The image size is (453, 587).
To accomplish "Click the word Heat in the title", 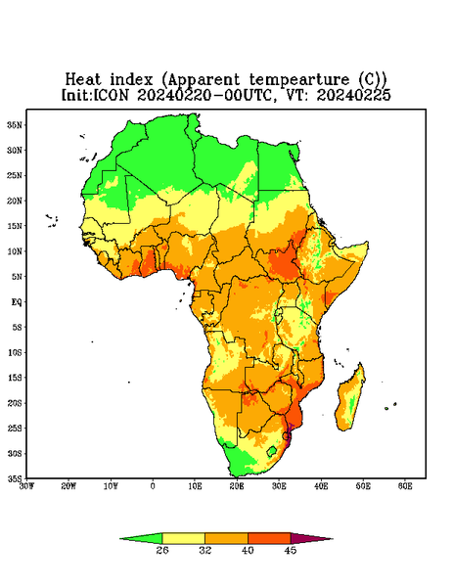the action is click(x=83, y=79).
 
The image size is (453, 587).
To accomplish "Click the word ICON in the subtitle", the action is click(x=112, y=95).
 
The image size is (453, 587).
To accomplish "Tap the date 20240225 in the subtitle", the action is click(x=353, y=95).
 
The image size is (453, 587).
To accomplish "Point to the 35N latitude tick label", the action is click(x=15, y=124).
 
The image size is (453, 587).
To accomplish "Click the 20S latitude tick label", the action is click(x=15, y=403).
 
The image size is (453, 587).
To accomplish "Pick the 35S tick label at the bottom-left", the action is click(x=15, y=478).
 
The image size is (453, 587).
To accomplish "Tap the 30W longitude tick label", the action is click(x=27, y=486).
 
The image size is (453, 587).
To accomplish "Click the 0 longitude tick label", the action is click(x=153, y=486).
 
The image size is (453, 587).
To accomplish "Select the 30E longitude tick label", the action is click(x=279, y=486).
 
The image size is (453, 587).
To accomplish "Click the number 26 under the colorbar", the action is click(x=162, y=550).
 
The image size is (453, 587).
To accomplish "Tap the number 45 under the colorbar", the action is click(x=291, y=550).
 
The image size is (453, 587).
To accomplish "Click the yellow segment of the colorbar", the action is click(x=183, y=538).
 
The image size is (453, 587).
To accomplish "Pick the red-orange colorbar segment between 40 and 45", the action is click(x=269, y=538).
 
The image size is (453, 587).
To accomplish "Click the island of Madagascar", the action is click(x=351, y=399).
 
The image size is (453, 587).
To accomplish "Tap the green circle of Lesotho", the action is click(x=272, y=451).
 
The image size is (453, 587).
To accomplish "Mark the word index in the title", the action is click(x=131, y=79).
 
